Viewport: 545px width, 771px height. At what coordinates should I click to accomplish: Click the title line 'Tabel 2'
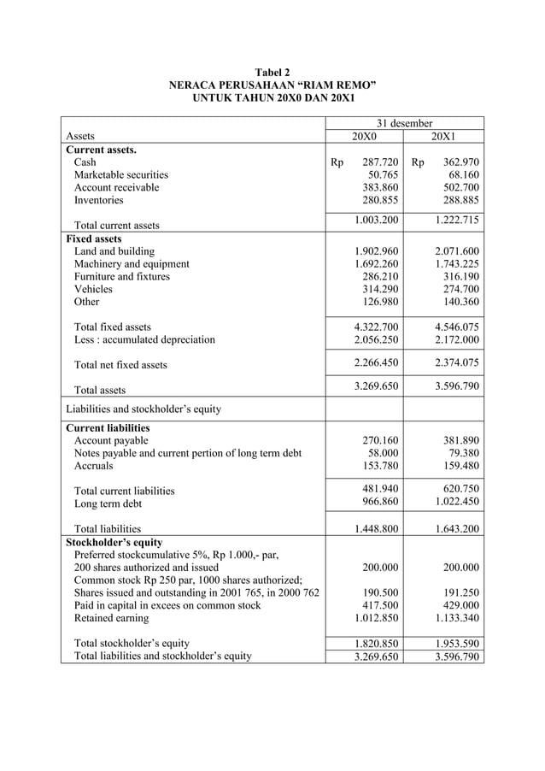[272, 74]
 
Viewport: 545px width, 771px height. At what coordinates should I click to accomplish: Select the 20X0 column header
[365, 136]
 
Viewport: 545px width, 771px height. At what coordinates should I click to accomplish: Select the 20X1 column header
[444, 136]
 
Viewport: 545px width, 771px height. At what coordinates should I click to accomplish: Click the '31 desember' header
[405, 123]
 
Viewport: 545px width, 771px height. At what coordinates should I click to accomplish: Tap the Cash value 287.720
[380, 162]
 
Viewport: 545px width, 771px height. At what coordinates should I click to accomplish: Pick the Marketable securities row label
[120, 174]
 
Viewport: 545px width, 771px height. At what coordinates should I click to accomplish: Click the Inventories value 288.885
[457, 200]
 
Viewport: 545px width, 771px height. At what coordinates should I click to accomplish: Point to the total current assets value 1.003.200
[376, 221]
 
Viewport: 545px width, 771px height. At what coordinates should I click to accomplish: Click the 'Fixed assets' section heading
[94, 238]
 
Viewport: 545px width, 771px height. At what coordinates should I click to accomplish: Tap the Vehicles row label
[93, 289]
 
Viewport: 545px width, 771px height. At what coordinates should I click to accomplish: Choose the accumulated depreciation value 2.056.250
[376, 339]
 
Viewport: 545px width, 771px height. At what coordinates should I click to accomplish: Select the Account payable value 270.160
[380, 440]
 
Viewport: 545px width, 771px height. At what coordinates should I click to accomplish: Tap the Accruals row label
[94, 466]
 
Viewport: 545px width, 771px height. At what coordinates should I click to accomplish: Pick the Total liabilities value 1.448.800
[376, 529]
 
